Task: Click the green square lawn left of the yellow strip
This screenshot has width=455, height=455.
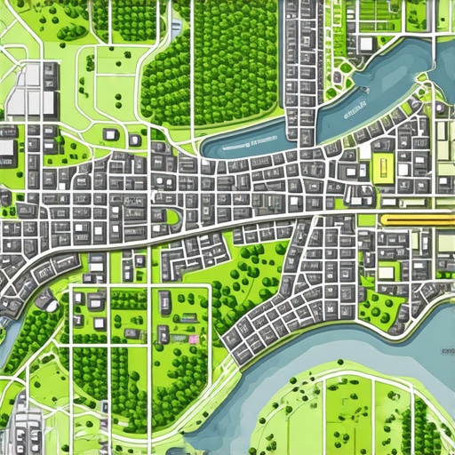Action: tap(366, 219)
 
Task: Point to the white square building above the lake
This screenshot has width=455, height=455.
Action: tap(366, 44)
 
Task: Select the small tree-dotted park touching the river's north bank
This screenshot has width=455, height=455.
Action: tap(382, 307)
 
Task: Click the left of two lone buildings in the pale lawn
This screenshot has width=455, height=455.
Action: tap(109, 135)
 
